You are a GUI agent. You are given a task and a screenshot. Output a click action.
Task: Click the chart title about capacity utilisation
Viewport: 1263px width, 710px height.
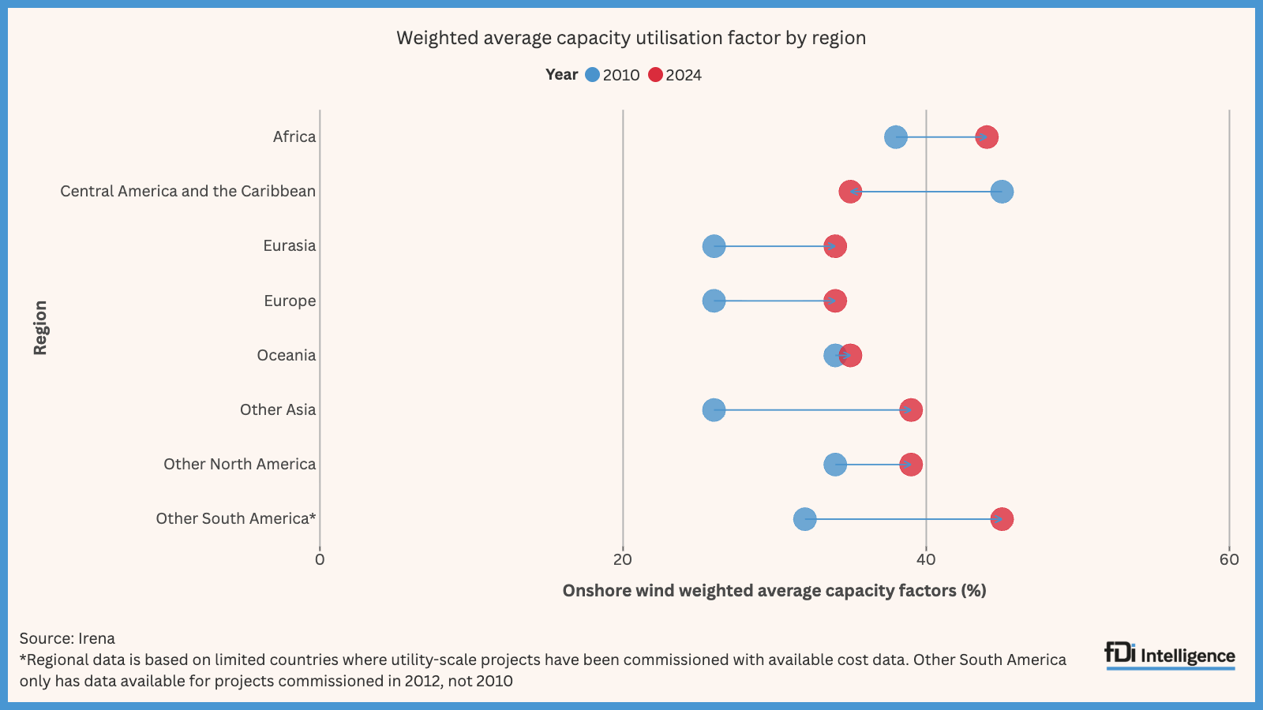pyautogui.click(x=631, y=38)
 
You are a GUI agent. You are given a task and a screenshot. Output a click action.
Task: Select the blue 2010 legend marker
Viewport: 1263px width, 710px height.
pyautogui.click(x=592, y=75)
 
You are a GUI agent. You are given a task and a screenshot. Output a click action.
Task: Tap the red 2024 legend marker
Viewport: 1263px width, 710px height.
pyautogui.click(x=655, y=75)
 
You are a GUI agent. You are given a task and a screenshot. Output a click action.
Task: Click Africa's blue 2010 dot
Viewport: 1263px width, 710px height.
pyautogui.click(x=895, y=137)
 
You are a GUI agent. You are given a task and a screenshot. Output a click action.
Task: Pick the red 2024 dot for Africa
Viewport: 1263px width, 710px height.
pyautogui.click(x=987, y=137)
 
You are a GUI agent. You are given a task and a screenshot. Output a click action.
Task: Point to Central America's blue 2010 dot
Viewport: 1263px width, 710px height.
pyautogui.click(x=1002, y=192)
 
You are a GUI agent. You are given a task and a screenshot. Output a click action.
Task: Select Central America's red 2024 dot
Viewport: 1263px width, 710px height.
pyautogui.click(x=849, y=192)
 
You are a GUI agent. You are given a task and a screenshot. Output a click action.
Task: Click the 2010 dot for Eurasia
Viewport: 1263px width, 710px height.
pyautogui.click(x=714, y=246)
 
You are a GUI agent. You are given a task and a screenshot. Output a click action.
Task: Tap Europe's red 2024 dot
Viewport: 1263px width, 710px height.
pyautogui.click(x=835, y=301)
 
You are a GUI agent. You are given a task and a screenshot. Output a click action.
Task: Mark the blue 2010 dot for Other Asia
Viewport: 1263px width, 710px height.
pyautogui.click(x=714, y=410)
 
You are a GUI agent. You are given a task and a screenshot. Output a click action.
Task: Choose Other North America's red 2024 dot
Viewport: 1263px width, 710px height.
pyautogui.click(x=911, y=465)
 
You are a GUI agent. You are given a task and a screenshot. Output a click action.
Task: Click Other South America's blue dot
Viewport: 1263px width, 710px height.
pyautogui.click(x=804, y=519)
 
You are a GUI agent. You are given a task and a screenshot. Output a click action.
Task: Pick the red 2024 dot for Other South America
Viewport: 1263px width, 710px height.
pyautogui.click(x=1002, y=519)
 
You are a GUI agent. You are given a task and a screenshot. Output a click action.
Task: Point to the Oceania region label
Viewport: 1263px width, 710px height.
pyautogui.click(x=286, y=356)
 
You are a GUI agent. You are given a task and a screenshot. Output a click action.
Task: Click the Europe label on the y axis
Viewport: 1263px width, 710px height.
pyautogui.click(x=290, y=301)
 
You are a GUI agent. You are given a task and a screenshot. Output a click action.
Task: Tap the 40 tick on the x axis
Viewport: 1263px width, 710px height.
pyautogui.click(x=925, y=560)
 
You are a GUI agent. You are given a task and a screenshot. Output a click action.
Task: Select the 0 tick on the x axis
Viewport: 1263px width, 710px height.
pyautogui.click(x=320, y=560)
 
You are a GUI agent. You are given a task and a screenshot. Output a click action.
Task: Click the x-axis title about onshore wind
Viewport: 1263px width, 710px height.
pyautogui.click(x=774, y=591)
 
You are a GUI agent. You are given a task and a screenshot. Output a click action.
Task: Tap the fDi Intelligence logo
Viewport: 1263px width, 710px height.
pyautogui.click(x=1170, y=656)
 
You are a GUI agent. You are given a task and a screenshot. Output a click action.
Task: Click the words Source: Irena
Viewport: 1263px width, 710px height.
pyautogui.click(x=67, y=638)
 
